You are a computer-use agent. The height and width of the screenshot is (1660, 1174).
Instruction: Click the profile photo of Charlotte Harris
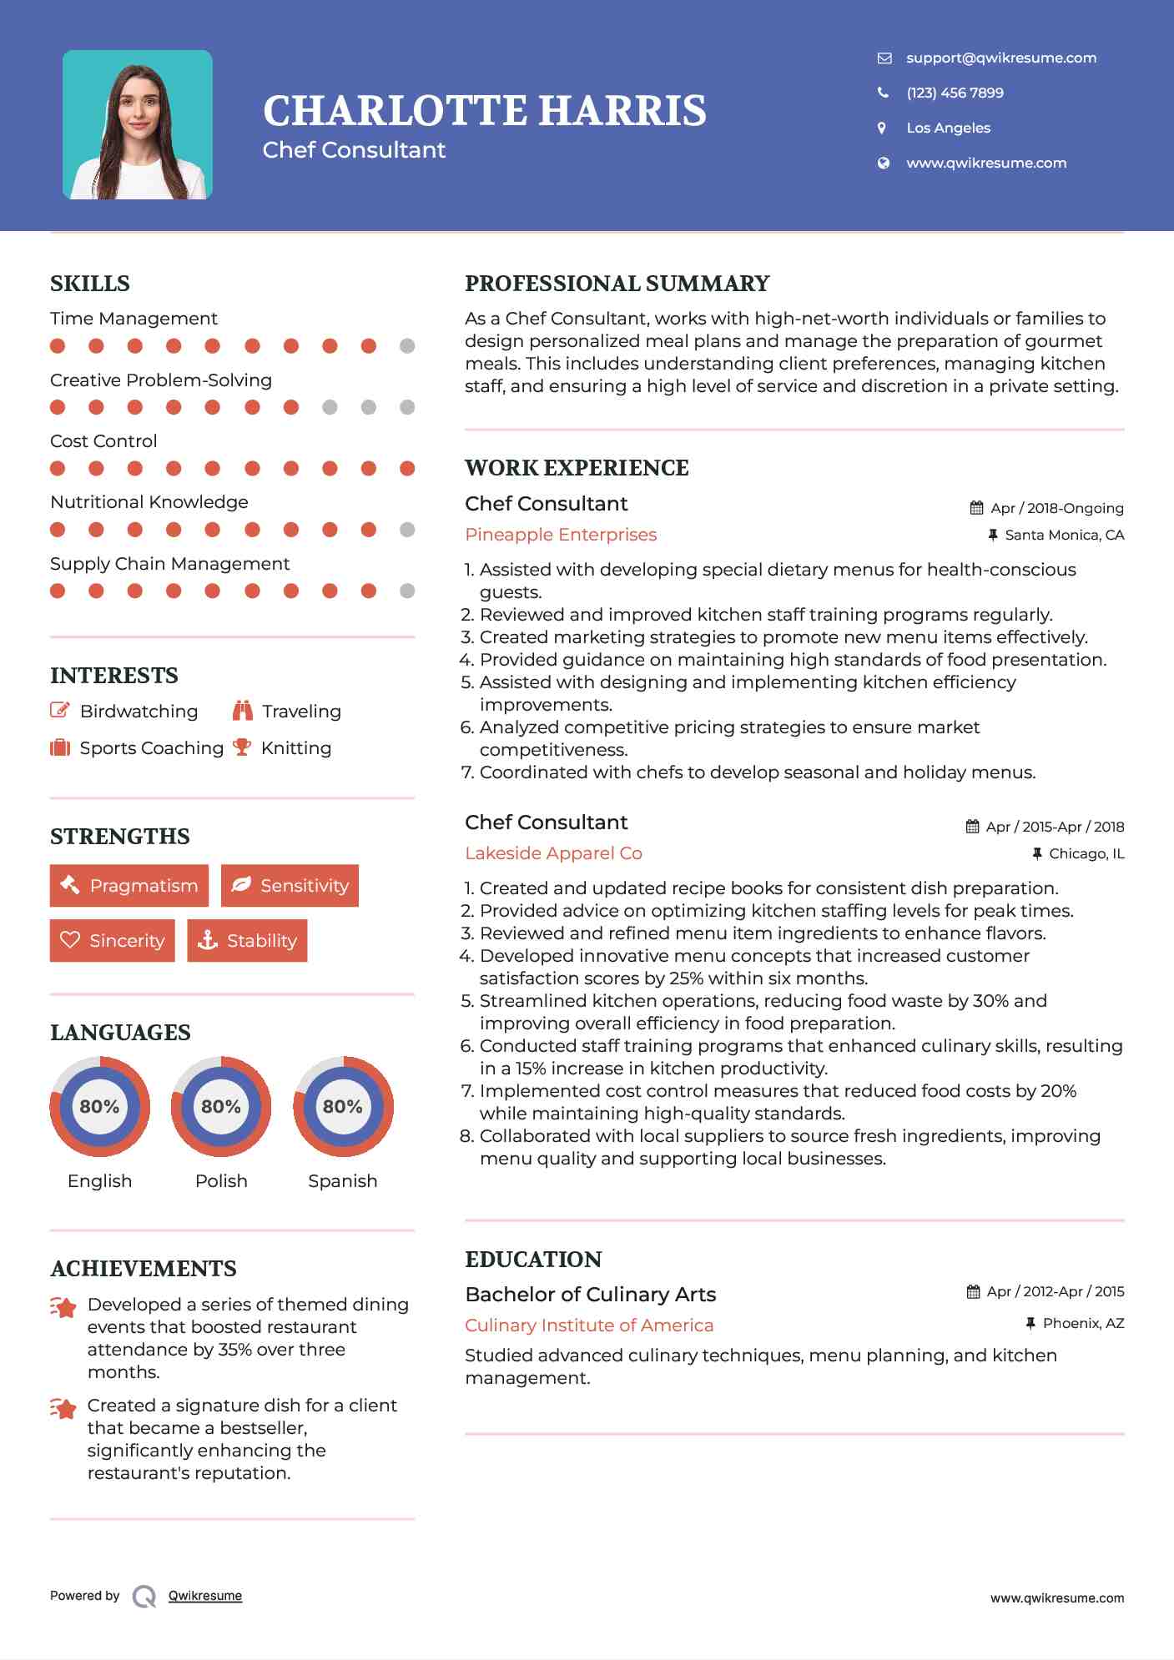click(x=138, y=125)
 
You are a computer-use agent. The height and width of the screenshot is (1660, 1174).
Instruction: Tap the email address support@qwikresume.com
click(x=1001, y=58)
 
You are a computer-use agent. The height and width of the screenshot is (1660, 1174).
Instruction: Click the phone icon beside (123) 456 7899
click(x=884, y=93)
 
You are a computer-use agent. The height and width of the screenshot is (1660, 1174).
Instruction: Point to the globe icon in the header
click(x=884, y=163)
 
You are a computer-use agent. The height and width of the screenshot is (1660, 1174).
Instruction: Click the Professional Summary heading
click(x=617, y=284)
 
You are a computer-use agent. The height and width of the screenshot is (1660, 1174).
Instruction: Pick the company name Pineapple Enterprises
click(x=561, y=535)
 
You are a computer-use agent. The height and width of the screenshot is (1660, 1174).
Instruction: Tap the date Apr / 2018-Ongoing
click(x=1056, y=508)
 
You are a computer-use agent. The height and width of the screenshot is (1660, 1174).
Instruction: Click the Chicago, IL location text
click(x=1086, y=853)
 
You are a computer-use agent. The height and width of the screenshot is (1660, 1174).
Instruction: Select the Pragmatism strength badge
click(x=129, y=886)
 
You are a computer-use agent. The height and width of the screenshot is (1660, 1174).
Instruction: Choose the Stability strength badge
click(x=247, y=941)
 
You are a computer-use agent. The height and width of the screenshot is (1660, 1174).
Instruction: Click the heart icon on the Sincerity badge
click(x=70, y=940)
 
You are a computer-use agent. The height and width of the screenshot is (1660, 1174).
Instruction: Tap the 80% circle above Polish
click(x=221, y=1107)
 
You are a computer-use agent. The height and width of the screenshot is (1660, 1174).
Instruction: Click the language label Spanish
click(x=343, y=1181)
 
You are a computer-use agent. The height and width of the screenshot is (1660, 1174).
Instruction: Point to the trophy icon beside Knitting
click(x=242, y=747)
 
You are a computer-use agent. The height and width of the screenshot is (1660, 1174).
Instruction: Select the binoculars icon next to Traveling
click(x=243, y=711)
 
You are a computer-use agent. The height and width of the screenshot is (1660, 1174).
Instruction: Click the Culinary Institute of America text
click(x=589, y=1325)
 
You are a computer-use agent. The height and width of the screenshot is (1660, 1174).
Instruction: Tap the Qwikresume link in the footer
click(x=205, y=1596)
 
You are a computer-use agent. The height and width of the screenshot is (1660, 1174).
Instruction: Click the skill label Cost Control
click(x=103, y=441)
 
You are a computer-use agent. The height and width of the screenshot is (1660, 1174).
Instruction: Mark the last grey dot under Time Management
click(x=407, y=346)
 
